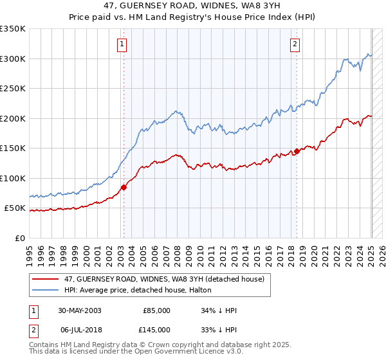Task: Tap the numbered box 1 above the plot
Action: tap(122, 44)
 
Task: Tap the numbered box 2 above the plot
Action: tap(295, 44)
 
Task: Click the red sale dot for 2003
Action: tap(124, 187)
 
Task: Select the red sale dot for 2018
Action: tap(297, 152)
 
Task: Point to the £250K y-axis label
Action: tap(13, 89)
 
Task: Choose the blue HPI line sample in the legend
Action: tap(45, 290)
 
